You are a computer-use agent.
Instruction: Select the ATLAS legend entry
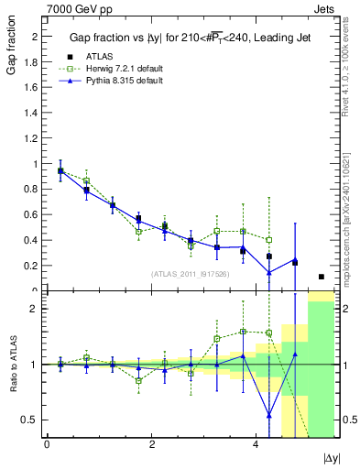[x=99, y=55]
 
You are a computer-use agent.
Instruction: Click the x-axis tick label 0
[x=47, y=444]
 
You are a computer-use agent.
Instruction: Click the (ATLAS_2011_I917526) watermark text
[x=190, y=273]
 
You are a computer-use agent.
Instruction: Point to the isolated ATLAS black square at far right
[x=322, y=277]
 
